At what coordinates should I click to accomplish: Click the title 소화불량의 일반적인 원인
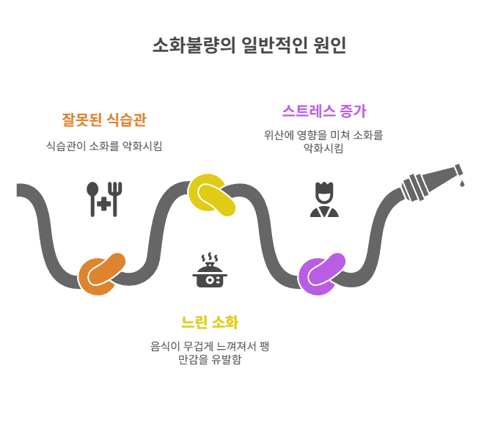click(x=249, y=45)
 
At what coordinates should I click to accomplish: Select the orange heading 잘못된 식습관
click(x=103, y=119)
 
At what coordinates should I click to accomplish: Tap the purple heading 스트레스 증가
click(x=323, y=111)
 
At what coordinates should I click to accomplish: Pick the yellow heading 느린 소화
click(x=209, y=323)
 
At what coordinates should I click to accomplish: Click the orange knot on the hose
click(x=101, y=273)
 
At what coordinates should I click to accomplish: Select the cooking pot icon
click(x=210, y=277)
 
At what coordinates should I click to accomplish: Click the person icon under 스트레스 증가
click(x=323, y=199)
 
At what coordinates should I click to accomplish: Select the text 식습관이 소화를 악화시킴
click(x=103, y=146)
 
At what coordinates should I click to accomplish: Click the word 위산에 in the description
click(x=279, y=135)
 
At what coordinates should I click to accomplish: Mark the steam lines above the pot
click(x=210, y=259)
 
